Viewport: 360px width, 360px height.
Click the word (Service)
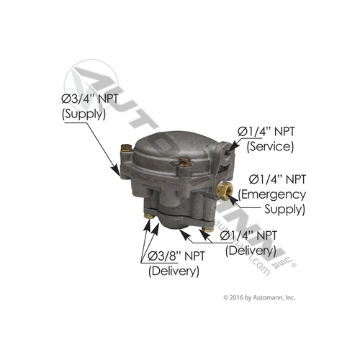[268, 146]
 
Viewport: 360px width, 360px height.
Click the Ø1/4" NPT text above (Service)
[268, 131]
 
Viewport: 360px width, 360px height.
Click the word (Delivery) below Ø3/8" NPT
[174, 271]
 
